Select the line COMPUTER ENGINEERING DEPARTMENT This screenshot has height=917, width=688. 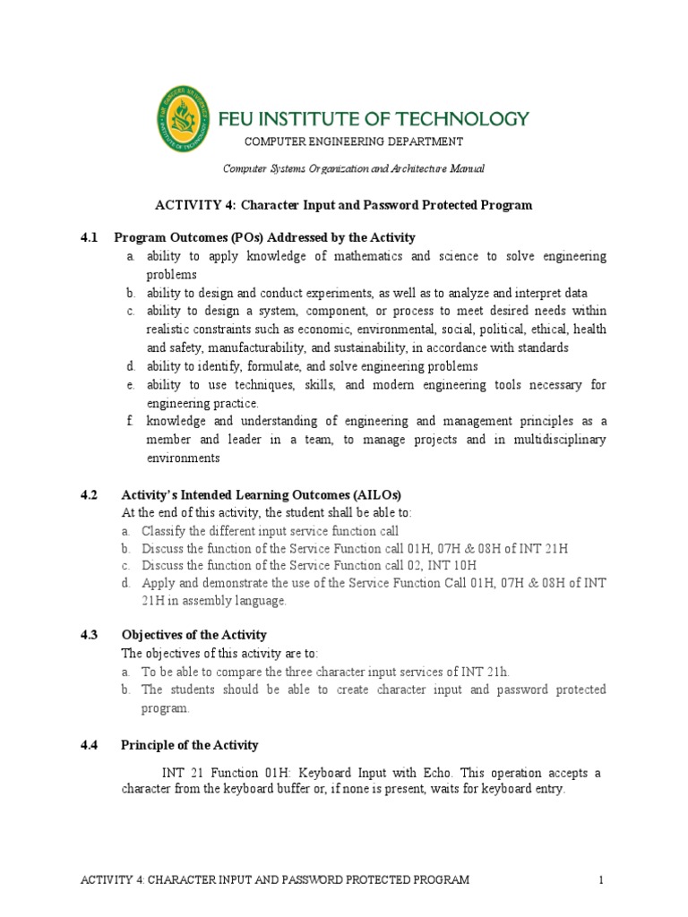click(x=354, y=141)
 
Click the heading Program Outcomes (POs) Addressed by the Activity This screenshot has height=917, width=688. click(x=264, y=237)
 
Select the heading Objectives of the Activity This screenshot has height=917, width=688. click(x=193, y=635)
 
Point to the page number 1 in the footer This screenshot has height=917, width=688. click(x=602, y=880)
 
